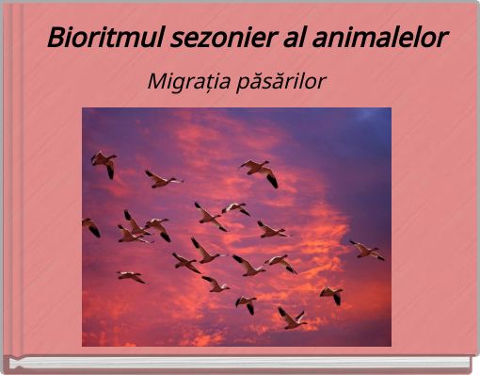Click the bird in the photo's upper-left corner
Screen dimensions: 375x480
click(104, 162)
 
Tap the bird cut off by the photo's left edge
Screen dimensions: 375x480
click(90, 226)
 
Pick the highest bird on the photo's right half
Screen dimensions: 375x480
click(259, 171)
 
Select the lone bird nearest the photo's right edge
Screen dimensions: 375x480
click(366, 251)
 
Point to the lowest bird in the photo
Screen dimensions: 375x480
click(292, 318)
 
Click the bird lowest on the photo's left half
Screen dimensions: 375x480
click(132, 276)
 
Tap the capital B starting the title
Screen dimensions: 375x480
click(56, 40)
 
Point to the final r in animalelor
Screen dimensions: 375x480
click(441, 41)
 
